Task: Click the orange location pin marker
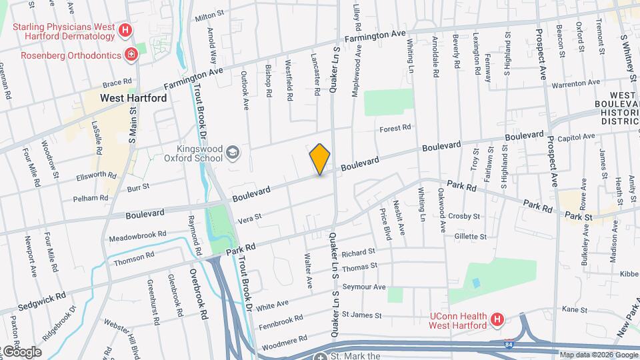[320, 159]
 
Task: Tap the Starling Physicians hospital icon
[124, 30]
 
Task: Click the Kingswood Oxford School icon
[232, 153]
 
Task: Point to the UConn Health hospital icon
[496, 320]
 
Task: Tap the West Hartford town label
[133, 97]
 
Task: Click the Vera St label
[249, 217]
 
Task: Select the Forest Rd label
[395, 128]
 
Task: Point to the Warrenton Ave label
[575, 83]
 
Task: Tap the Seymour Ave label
[364, 287]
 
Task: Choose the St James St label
[361, 315]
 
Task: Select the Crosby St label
[464, 216]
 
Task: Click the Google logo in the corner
[23, 352]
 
